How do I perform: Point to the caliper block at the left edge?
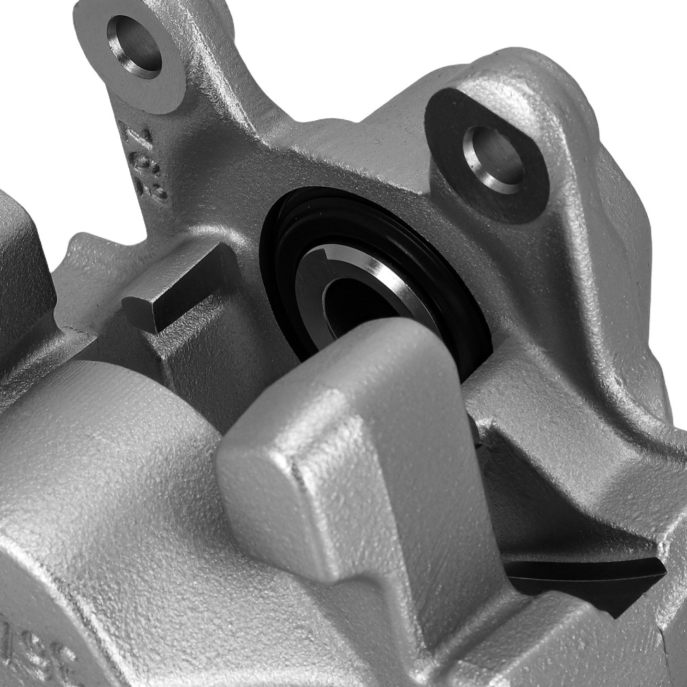click(21, 275)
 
